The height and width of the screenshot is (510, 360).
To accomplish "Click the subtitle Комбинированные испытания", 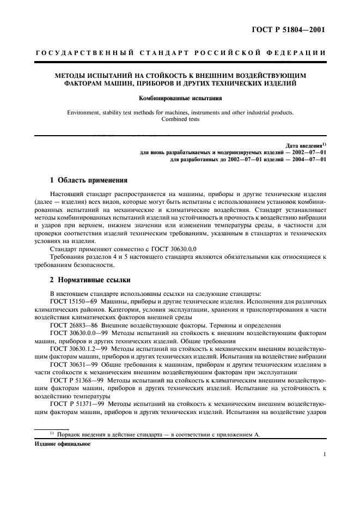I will tap(180, 99).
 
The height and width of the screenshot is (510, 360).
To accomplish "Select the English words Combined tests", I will tap(180, 120).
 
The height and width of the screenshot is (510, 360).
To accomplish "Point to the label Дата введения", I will tap(305, 145).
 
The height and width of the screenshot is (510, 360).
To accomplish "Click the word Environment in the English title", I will tap(85, 113).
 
